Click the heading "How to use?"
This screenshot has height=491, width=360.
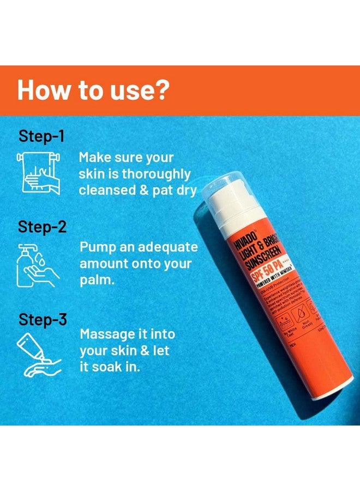(92, 91)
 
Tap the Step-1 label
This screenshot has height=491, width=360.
(41, 136)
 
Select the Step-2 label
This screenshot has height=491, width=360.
(42, 226)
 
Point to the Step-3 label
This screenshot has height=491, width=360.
(42, 319)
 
